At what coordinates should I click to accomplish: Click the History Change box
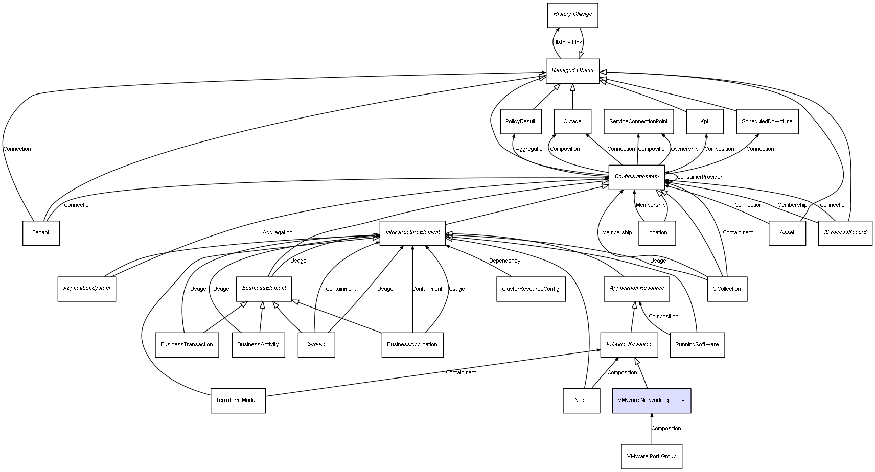pos(572,15)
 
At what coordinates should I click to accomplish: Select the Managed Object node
pos(572,70)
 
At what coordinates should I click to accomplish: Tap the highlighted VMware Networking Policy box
pos(651,400)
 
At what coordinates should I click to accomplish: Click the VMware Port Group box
pos(651,456)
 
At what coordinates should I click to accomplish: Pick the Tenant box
pos(41,233)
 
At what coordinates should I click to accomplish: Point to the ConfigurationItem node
pos(636,177)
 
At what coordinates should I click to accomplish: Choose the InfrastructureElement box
pos(412,233)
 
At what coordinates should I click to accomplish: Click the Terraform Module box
pos(238,400)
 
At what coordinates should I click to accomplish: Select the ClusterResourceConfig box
pos(531,289)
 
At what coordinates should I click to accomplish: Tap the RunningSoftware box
pos(697,345)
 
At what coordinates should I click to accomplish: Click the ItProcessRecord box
pos(845,233)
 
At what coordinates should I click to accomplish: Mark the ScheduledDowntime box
pos(767,122)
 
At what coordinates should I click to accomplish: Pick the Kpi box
pos(704,122)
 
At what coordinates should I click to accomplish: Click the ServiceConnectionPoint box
pos(638,122)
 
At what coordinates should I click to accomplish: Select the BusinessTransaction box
pos(187,345)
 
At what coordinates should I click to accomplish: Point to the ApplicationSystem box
pos(86,289)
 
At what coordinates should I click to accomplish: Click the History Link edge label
pos(567,43)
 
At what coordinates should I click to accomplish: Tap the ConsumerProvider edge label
pos(699,177)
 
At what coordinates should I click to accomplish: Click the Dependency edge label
pos(504,261)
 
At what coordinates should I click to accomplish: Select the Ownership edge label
pos(684,149)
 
